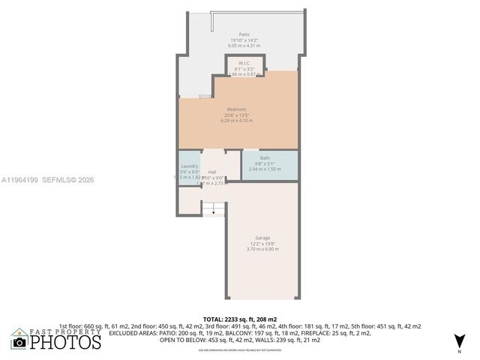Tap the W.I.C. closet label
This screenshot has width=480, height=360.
coord(244,63)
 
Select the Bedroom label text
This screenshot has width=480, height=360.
coord(237,109)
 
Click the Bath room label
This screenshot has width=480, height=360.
coord(265,157)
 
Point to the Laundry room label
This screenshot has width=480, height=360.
coord(189,166)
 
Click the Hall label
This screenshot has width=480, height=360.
coord(212,172)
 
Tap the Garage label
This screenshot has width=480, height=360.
coord(262,238)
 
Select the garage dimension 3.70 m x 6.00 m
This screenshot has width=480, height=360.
coord(262,249)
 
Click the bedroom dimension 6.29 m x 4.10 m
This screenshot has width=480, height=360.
coord(237,120)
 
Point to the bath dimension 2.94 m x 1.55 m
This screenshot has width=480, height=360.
coord(265,169)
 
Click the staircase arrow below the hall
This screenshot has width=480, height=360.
coord(214,212)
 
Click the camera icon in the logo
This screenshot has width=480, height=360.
coord(19,343)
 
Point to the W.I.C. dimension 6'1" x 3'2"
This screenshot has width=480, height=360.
coord(244,69)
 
